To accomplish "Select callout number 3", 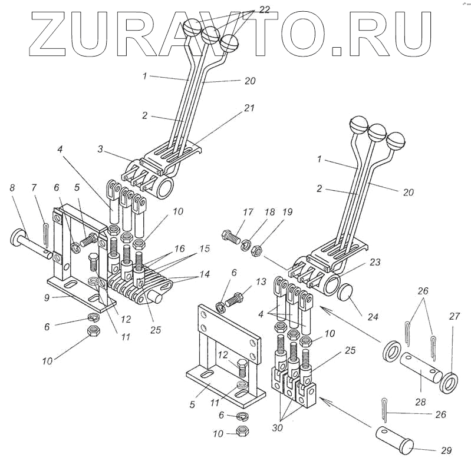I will pos(101,151).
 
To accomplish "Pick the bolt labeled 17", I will pos(230,238).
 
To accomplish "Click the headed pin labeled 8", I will pos(29,241).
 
